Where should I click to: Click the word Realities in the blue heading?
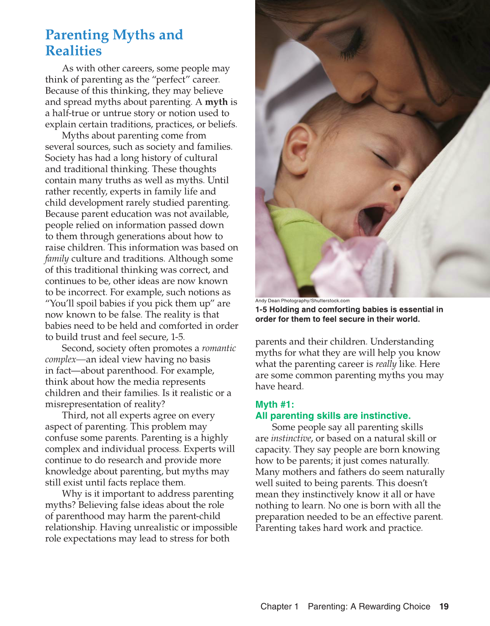click(73, 51)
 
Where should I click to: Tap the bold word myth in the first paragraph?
click(216, 102)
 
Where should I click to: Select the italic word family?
click(57, 259)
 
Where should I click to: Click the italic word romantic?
click(219, 348)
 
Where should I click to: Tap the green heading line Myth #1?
click(275, 405)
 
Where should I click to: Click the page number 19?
click(444, 607)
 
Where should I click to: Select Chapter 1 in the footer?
click(279, 607)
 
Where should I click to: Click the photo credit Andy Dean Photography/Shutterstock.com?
click(302, 301)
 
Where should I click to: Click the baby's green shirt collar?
click(292, 220)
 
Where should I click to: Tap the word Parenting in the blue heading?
click(77, 35)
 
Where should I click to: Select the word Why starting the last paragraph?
click(70, 494)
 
